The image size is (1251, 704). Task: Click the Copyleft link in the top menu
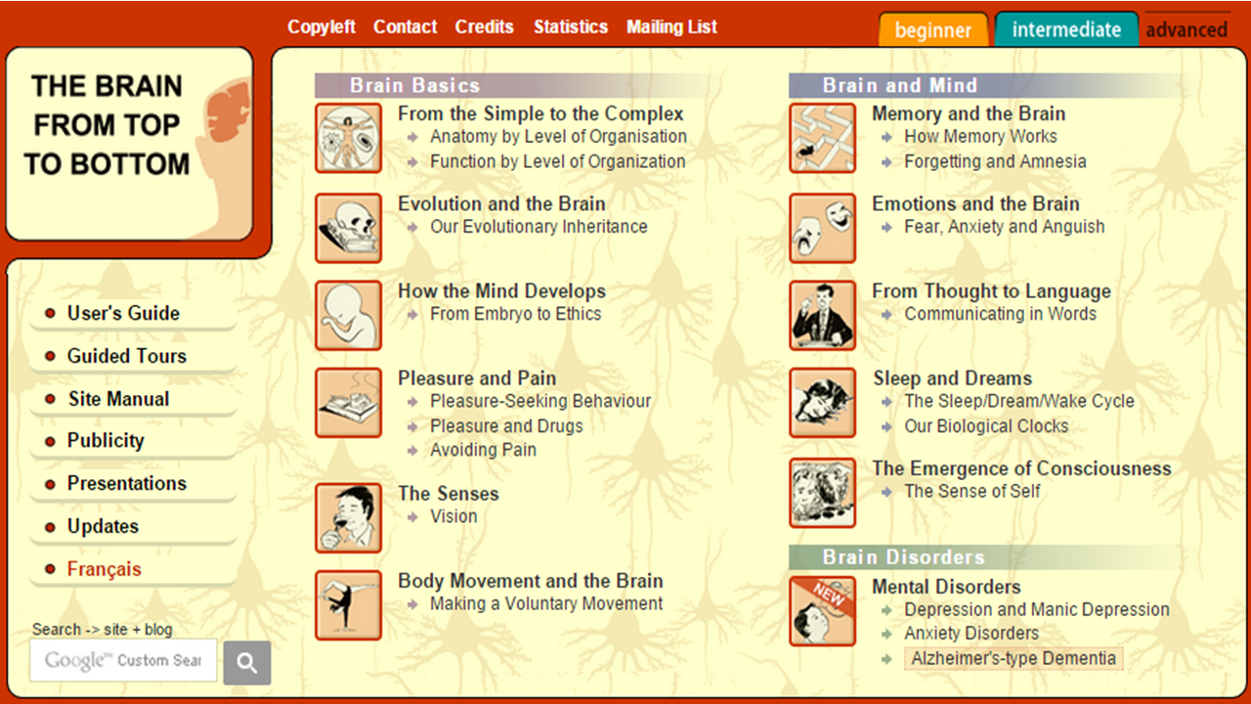[x=322, y=26]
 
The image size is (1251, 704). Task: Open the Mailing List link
[x=671, y=26]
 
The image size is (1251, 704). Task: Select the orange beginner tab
[x=933, y=29]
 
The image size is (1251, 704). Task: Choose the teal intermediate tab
[x=1066, y=29]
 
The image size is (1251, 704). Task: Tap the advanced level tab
[x=1186, y=29]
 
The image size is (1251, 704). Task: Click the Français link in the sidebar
[x=105, y=569]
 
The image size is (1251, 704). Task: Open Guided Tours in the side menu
[x=127, y=356]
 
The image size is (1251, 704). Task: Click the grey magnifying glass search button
[x=247, y=663]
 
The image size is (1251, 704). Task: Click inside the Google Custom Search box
[x=123, y=660]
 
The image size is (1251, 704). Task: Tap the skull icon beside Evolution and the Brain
[x=348, y=228]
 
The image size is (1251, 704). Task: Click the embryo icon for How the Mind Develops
[x=348, y=315]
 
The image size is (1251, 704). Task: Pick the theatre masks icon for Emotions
[x=822, y=228]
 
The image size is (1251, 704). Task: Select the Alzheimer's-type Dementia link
[x=1014, y=658]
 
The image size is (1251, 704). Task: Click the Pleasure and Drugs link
[x=506, y=425]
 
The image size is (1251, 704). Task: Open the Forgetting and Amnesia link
[x=995, y=161]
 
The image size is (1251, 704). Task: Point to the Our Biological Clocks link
[x=986, y=425]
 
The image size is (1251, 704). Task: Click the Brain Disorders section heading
[x=904, y=557]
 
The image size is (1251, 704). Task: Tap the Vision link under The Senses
[x=453, y=516]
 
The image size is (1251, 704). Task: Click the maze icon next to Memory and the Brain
[x=822, y=138]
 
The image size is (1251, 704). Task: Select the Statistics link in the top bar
[x=570, y=26]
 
